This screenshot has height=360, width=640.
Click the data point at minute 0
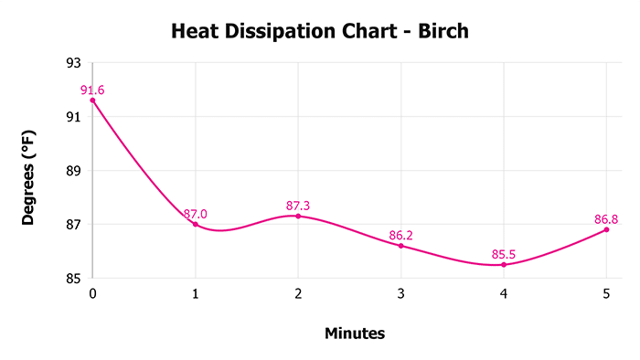pos(92,101)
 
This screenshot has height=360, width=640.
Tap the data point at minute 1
pos(195,224)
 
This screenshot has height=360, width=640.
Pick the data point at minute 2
pos(298,216)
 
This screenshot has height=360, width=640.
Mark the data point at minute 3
pos(400,246)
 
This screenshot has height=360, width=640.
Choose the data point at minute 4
pos(504,264)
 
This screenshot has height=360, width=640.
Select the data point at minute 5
pos(606,229)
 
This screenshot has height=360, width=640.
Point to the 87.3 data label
pos(298,205)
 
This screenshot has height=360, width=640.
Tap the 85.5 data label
pos(504,253)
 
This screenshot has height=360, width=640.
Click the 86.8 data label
pos(606,218)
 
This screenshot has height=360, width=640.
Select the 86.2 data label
pos(400,235)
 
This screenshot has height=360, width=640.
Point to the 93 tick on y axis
pos(73,63)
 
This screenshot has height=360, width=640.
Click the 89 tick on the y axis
pos(73,171)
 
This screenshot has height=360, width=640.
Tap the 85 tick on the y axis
pos(73,279)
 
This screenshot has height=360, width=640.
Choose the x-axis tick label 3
pos(400,293)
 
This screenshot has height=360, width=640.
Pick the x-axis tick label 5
pos(606,293)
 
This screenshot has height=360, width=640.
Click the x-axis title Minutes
pos(355,334)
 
